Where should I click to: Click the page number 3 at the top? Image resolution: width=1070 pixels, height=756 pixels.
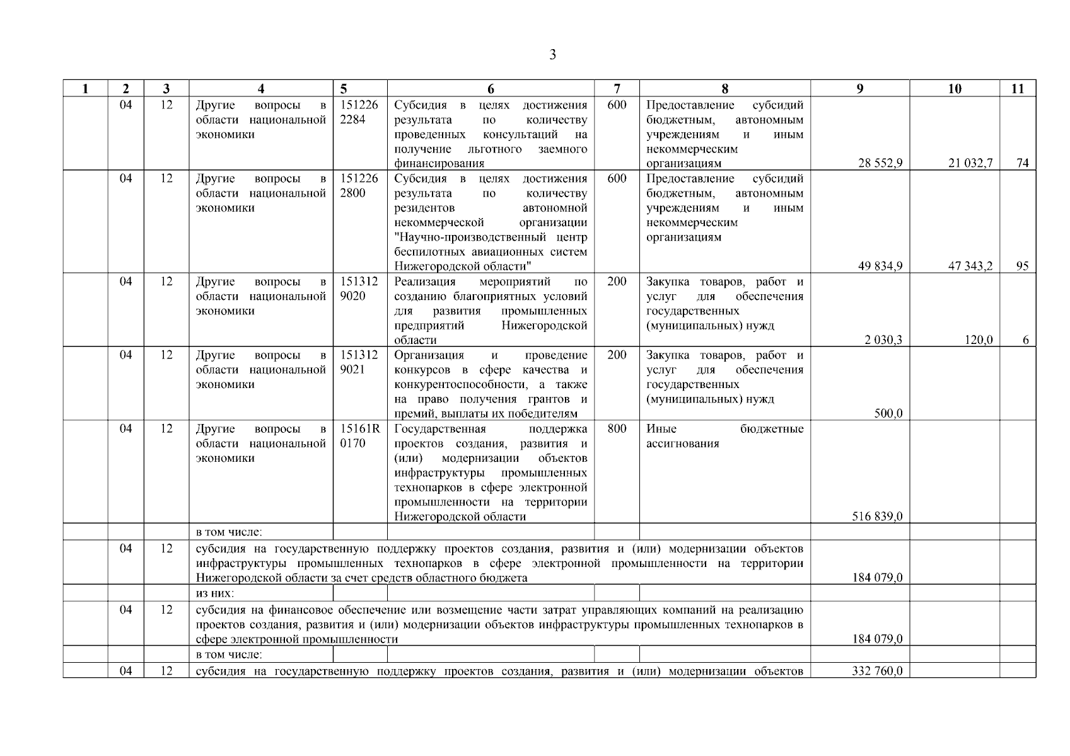pyautogui.click(x=552, y=55)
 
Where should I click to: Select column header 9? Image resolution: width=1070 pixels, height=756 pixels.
pyautogui.click(x=859, y=89)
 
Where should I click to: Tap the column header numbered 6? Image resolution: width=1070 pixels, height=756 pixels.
pyautogui.click(x=491, y=89)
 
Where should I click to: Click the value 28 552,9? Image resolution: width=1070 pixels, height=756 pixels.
pyautogui.click(x=880, y=163)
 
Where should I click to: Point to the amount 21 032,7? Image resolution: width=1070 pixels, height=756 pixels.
pyautogui.click(x=970, y=163)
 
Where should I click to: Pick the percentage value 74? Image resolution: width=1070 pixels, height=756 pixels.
pyautogui.click(x=1022, y=163)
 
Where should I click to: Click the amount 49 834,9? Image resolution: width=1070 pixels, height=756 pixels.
pyautogui.click(x=880, y=266)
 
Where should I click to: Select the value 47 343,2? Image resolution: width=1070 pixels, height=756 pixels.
pyautogui.click(x=970, y=266)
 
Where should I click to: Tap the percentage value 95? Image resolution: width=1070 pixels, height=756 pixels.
pyautogui.click(x=1022, y=266)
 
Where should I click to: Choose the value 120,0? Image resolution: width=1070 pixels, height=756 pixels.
pyautogui.click(x=980, y=340)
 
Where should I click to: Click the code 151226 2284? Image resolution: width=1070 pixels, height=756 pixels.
pyautogui.click(x=359, y=112)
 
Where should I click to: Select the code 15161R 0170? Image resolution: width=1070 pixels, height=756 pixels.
pyautogui.click(x=359, y=436)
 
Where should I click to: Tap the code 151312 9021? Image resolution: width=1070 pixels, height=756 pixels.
pyautogui.click(x=359, y=362)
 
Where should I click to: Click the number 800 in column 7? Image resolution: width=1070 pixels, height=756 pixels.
pyautogui.click(x=616, y=429)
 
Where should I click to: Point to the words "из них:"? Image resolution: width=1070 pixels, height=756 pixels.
pyautogui.click(x=214, y=593)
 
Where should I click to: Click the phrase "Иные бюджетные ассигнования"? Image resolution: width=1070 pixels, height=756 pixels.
pyautogui.click(x=724, y=436)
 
